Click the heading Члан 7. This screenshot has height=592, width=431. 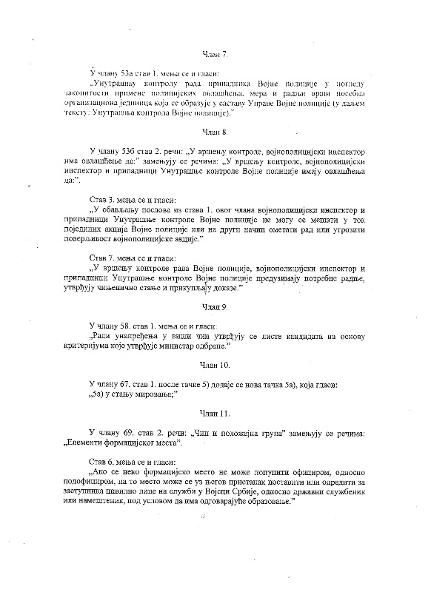(215, 54)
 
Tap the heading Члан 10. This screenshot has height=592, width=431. (215, 366)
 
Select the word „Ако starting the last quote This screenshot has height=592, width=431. (98, 471)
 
